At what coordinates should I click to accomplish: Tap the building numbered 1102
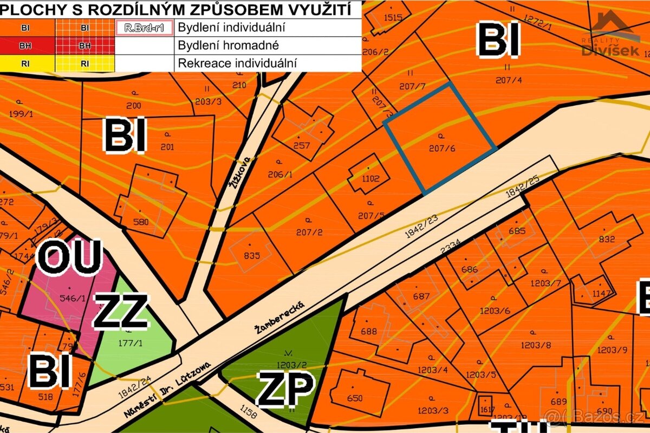pyautogui.click(x=371, y=178)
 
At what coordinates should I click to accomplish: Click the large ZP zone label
pyautogui.click(x=285, y=389)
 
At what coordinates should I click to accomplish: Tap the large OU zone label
pyautogui.click(x=69, y=257)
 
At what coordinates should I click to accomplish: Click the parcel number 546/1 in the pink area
pyautogui.click(x=69, y=298)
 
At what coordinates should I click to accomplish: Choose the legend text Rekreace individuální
pyautogui.click(x=237, y=63)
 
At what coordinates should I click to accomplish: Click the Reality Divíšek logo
pyautogui.click(x=610, y=35)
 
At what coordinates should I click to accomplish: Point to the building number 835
pyautogui.click(x=252, y=255)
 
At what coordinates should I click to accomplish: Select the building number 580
pyautogui.click(x=140, y=221)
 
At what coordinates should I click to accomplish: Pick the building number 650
pyautogui.click(x=354, y=398)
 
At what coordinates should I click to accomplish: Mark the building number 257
pyautogui.click(x=301, y=145)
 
